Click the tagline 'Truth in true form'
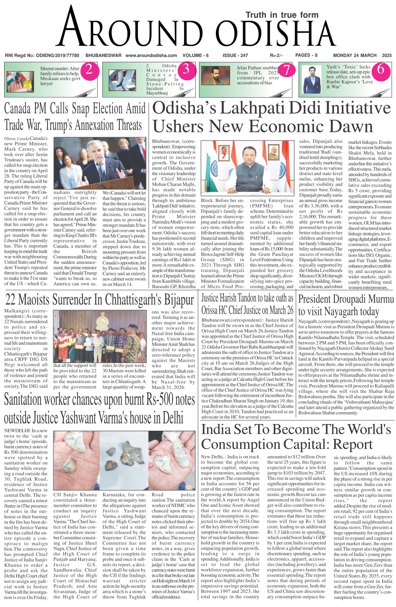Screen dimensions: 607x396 [282, 15]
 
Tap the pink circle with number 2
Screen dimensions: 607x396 [89, 70]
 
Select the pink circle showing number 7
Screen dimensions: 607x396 [286, 70]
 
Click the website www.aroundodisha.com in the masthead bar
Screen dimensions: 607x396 [151, 56]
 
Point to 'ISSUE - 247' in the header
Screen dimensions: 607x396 [235, 56]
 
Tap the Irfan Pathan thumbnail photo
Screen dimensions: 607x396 [216, 76]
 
